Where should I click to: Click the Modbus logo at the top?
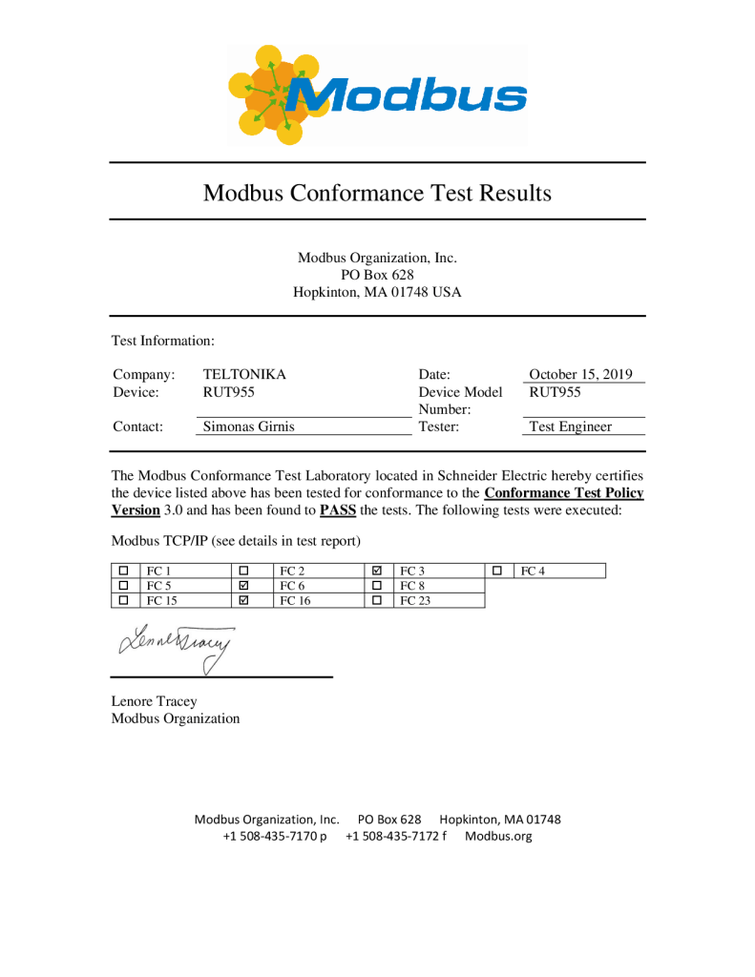tap(377, 94)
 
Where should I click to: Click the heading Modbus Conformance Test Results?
tap(377, 193)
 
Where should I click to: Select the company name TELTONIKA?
tap(244, 375)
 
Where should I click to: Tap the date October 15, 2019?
tap(580, 375)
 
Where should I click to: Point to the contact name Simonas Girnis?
tap(248, 427)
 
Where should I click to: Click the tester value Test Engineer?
tap(570, 427)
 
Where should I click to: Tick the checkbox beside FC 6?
tap(242, 586)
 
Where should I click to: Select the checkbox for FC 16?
tap(242, 601)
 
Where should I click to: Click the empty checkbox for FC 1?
tap(123, 572)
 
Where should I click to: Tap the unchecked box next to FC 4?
tap(497, 572)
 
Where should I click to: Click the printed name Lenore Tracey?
tap(155, 701)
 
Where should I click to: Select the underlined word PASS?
tap(338, 510)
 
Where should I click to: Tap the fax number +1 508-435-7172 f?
tap(396, 837)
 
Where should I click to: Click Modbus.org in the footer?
tap(498, 837)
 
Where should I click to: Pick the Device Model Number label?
tap(460, 401)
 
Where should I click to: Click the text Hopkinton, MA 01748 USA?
tap(377, 293)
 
